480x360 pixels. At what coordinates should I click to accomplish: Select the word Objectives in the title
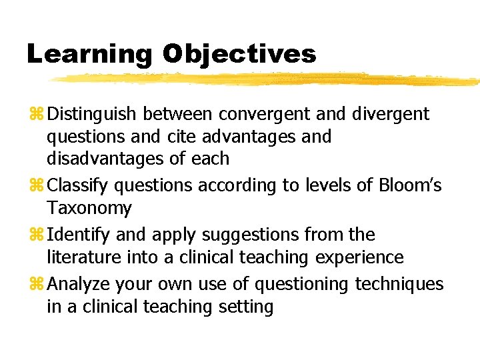[239, 54]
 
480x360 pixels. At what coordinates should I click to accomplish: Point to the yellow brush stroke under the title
[267, 79]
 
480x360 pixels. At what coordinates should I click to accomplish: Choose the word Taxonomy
[89, 209]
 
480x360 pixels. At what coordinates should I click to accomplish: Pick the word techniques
[399, 285]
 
